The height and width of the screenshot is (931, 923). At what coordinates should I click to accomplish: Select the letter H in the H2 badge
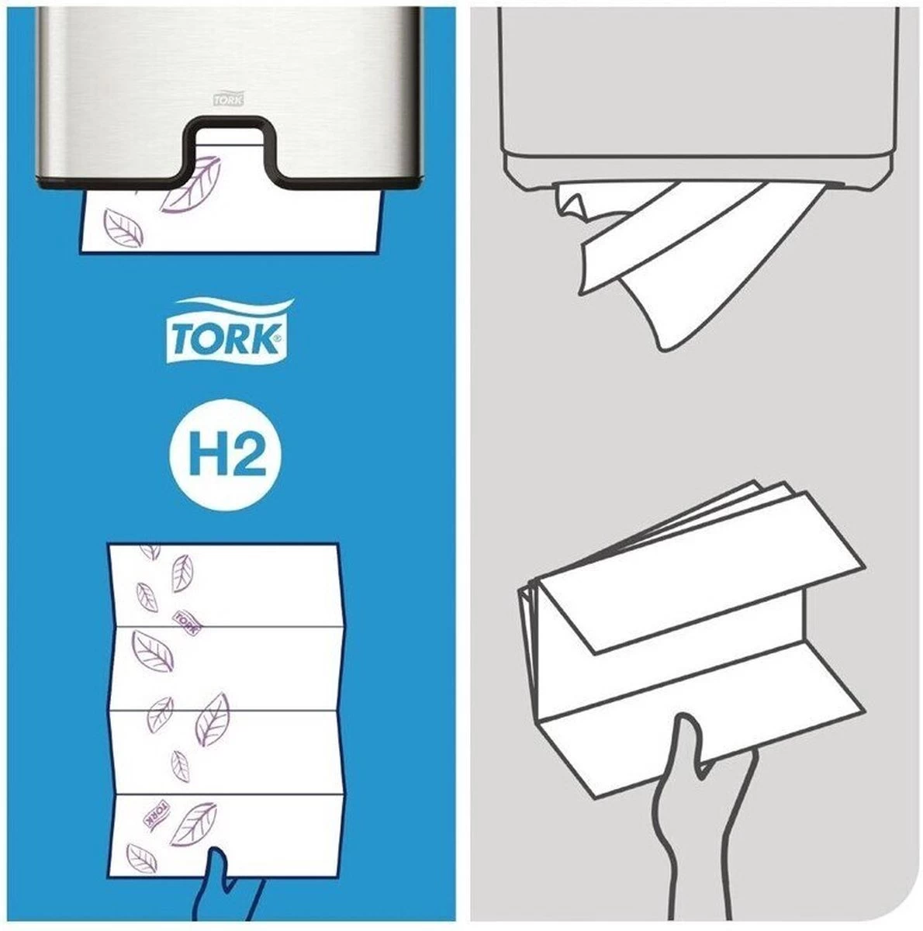pos(207,455)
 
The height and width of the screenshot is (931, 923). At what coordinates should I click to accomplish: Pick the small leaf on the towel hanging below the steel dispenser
pos(123,227)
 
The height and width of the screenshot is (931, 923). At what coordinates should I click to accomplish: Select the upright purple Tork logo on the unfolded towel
pos(186,623)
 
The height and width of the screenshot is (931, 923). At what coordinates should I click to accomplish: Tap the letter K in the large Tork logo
pos(264,339)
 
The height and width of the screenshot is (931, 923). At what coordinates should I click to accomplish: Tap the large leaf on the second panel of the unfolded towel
pos(152,650)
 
